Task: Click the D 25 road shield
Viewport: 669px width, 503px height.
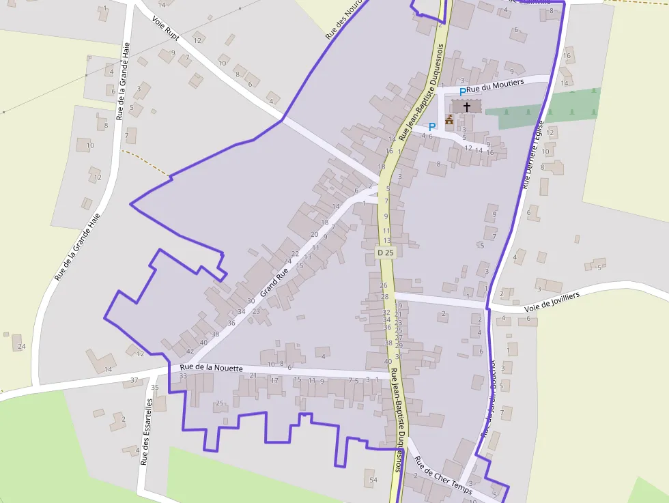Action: (x=386, y=253)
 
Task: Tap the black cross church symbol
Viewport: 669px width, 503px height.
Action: (x=467, y=106)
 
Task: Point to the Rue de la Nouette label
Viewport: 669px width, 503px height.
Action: (x=211, y=368)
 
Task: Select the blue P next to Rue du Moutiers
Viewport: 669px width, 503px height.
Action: (x=462, y=91)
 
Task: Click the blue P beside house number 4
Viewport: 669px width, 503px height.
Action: (x=432, y=126)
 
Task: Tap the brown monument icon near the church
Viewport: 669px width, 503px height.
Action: (x=449, y=120)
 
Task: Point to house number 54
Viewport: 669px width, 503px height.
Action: (x=373, y=480)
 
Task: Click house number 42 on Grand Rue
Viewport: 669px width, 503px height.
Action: (x=190, y=351)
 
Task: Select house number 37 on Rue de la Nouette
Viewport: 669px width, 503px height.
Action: (x=134, y=380)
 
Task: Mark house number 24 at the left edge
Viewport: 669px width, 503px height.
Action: (x=21, y=347)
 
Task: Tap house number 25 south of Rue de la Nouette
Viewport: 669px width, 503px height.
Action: (x=219, y=403)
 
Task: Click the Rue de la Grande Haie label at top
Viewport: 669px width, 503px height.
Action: (x=124, y=80)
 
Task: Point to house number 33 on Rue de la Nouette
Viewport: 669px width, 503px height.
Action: (x=183, y=376)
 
